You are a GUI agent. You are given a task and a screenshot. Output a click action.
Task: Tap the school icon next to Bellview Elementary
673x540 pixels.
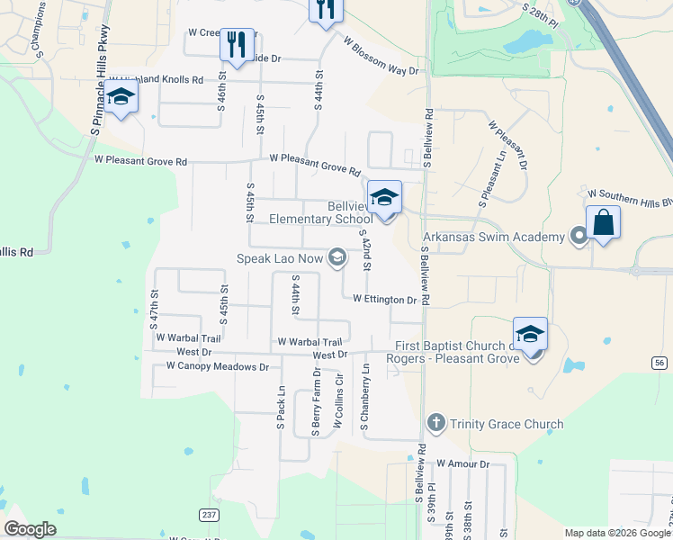384,197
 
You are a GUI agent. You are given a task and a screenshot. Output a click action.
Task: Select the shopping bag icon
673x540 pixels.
603,222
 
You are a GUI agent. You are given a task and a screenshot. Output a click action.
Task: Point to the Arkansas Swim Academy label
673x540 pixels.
494,237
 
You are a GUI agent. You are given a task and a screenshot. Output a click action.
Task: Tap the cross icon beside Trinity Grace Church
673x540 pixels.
435,423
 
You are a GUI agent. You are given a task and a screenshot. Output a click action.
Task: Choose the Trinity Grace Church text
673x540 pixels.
507,424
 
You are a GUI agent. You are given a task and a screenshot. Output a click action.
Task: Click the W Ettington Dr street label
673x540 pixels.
384,300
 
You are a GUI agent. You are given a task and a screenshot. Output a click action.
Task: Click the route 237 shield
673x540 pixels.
210,515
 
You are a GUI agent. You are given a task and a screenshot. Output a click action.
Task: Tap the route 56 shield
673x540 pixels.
661,362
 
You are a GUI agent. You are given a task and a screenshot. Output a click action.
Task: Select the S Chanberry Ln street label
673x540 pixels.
364,397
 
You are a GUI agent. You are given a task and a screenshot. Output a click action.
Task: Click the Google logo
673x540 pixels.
30,529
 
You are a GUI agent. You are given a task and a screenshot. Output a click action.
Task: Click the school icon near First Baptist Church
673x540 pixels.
531,334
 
